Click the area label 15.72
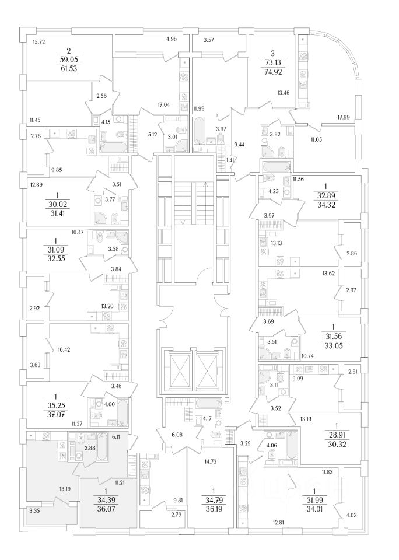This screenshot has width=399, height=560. pos(39,41)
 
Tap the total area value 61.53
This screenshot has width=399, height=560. pos(68,68)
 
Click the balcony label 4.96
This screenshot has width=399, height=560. pos(171,40)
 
